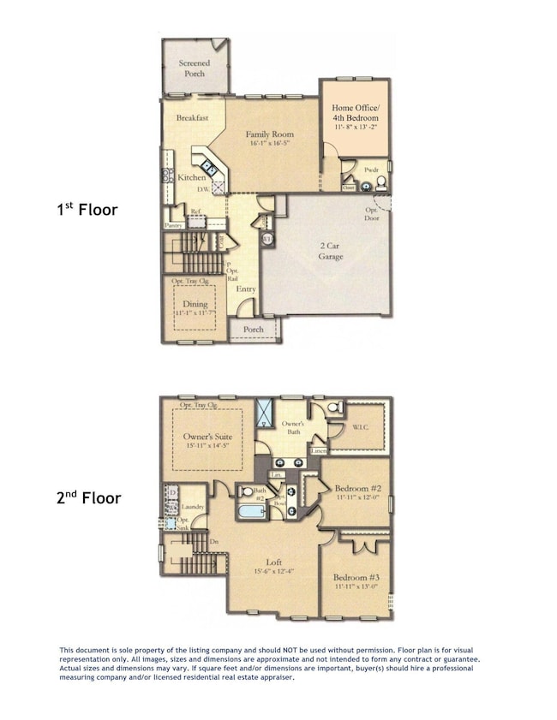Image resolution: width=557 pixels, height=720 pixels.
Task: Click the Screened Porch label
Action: pyautogui.click(x=194, y=68)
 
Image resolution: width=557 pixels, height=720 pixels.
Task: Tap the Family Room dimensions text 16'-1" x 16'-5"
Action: pyautogui.click(x=270, y=144)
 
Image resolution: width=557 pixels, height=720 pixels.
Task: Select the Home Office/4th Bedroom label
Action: pyautogui.click(x=355, y=112)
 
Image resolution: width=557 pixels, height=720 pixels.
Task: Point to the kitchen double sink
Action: pyautogui.click(x=210, y=169)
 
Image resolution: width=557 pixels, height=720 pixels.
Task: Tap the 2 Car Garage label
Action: pyautogui.click(x=332, y=251)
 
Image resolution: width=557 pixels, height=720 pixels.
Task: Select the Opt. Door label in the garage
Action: pyautogui.click(x=372, y=213)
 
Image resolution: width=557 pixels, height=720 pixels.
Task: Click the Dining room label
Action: pyautogui.click(x=195, y=304)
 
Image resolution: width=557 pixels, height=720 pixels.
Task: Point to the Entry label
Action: pyautogui.click(x=246, y=289)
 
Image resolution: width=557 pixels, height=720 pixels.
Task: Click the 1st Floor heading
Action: pyautogui.click(x=87, y=209)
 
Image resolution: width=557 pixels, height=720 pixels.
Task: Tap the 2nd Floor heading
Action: pyautogui.click(x=88, y=497)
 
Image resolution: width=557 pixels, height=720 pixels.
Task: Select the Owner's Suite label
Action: pyautogui.click(x=207, y=436)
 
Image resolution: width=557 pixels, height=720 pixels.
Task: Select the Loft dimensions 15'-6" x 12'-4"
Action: pyautogui.click(x=273, y=572)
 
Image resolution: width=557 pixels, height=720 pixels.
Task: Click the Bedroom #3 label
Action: pyautogui.click(x=356, y=577)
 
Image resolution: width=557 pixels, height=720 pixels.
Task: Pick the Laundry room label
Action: pyautogui.click(x=193, y=507)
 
